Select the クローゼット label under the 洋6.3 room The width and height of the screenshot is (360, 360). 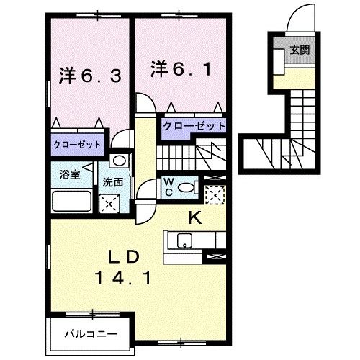click(x=76, y=144)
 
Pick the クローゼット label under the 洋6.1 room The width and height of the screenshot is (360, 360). click(x=194, y=125)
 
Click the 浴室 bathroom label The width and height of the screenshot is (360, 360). click(x=69, y=174)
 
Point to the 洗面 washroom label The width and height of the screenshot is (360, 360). click(x=112, y=182)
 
